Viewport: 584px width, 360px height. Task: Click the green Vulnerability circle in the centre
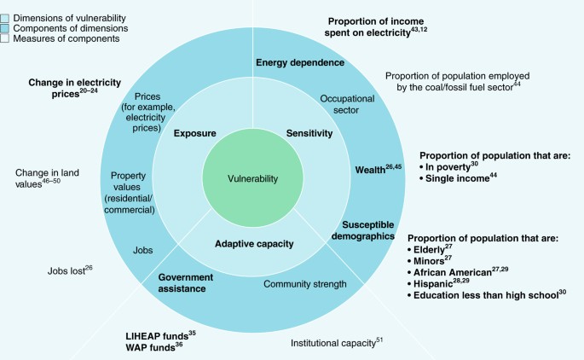click(x=252, y=178)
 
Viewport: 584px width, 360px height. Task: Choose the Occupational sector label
click(x=347, y=99)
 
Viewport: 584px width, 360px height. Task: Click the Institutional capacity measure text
click(x=336, y=343)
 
